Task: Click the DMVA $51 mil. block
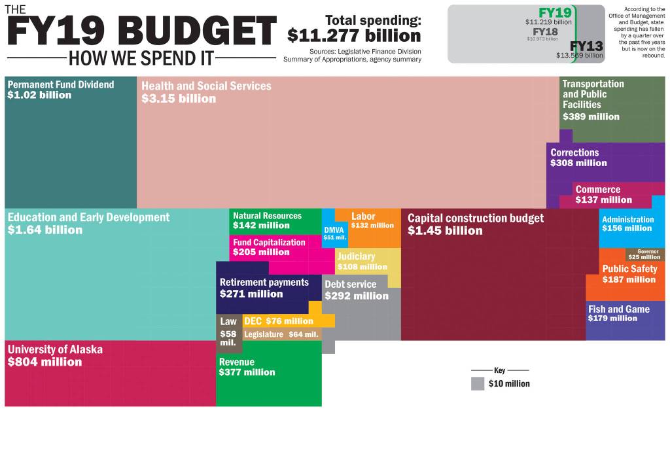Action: click(334, 233)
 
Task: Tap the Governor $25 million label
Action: click(644, 254)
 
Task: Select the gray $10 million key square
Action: click(478, 383)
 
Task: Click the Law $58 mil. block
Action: click(228, 331)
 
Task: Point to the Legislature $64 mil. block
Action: click(281, 334)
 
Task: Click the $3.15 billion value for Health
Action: click(179, 99)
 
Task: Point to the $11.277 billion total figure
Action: click(354, 35)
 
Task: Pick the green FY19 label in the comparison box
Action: click(554, 13)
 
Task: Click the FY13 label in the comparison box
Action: click(586, 46)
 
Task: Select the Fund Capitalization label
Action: click(269, 242)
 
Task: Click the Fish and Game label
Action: click(618, 309)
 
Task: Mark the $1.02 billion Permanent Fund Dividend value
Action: click(39, 96)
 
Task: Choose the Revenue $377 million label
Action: click(247, 367)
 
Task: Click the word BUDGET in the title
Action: click(198, 30)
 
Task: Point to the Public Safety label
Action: click(629, 269)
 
